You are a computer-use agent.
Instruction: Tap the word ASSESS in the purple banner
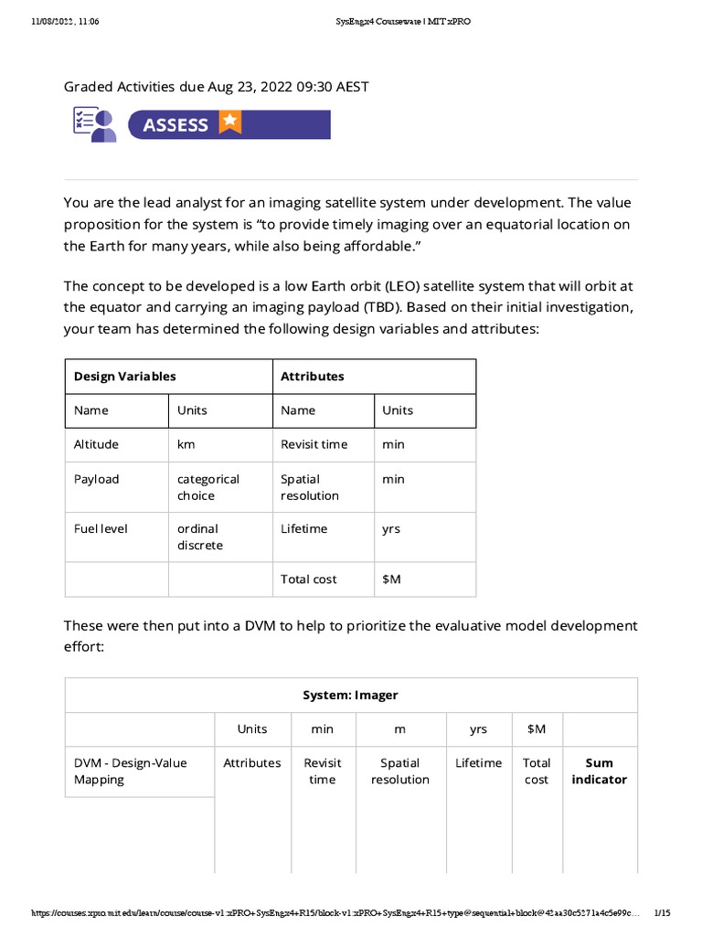click(x=175, y=124)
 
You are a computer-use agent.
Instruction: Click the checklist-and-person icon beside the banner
click(x=95, y=124)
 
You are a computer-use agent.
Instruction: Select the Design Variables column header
click(x=125, y=376)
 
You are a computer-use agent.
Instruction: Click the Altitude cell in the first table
click(x=96, y=444)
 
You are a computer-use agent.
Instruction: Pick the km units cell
click(x=186, y=444)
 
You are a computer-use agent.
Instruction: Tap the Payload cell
click(x=96, y=479)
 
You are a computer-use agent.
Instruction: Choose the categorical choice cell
click(x=208, y=487)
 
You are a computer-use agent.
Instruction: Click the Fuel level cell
click(x=101, y=528)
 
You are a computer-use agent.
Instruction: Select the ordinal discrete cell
click(x=199, y=537)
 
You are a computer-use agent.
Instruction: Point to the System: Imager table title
click(x=350, y=695)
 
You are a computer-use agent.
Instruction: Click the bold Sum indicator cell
click(x=599, y=771)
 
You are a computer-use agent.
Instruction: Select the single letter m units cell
click(x=399, y=729)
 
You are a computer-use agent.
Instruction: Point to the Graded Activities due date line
click(x=216, y=87)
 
